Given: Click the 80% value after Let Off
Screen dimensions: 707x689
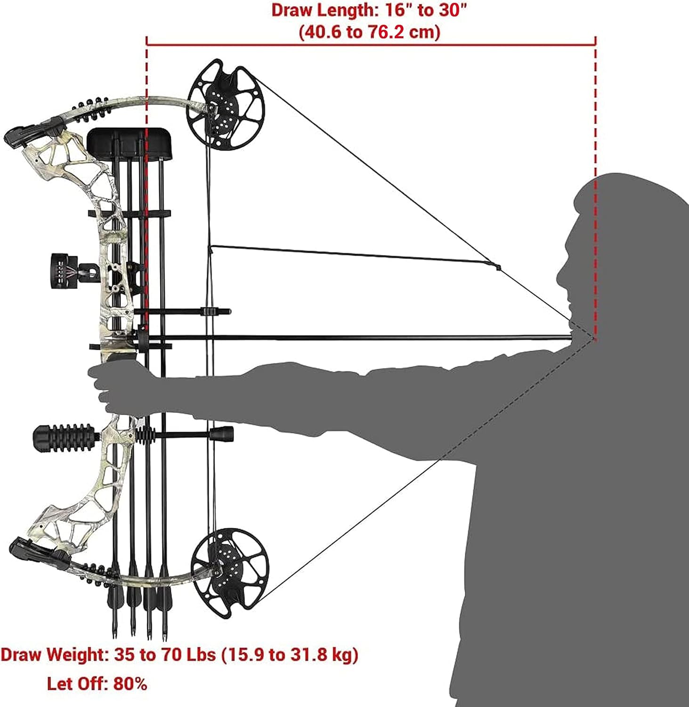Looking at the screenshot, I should click(130, 683).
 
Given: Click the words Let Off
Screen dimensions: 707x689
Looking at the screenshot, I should click(77, 683).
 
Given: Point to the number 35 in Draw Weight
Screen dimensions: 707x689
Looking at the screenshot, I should click(124, 654).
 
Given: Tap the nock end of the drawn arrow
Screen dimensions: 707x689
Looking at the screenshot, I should click(571, 337).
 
